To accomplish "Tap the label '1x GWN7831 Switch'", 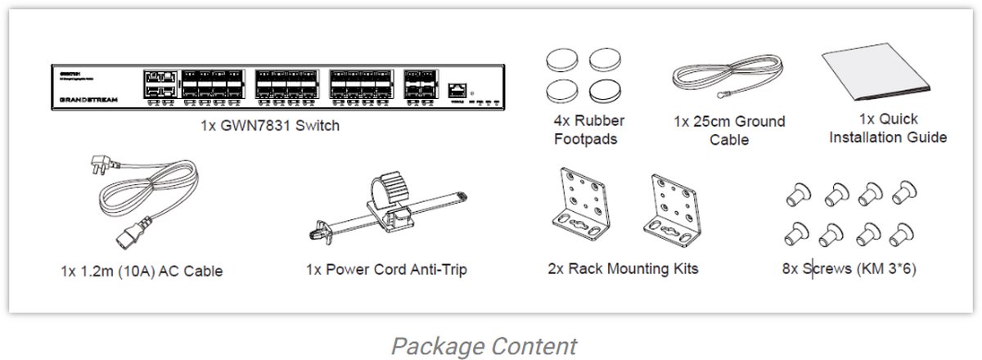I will coord(269,126).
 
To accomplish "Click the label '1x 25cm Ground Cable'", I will coord(728,131).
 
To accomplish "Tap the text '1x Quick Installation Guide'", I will coord(888,128).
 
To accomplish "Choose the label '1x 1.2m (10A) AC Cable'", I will coord(141,270).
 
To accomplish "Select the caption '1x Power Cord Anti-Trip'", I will coord(386,269).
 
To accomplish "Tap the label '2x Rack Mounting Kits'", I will coord(623,268).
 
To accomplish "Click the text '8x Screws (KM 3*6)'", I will coord(848,268).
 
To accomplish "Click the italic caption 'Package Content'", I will coord(483,345).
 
